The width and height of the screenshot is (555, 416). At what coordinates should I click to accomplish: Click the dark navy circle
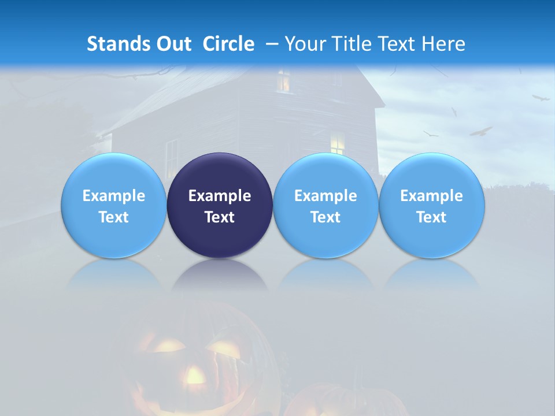point(220,206)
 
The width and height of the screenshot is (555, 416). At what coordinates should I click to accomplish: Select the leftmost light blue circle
point(113,206)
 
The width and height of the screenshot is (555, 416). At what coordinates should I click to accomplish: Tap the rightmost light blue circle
point(431,206)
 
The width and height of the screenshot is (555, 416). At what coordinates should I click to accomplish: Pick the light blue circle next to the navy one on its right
point(325,206)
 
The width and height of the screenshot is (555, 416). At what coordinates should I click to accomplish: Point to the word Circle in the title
point(228,44)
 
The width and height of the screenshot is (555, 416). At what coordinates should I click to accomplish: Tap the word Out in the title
point(173,44)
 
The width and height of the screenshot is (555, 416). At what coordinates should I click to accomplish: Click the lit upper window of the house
point(283,80)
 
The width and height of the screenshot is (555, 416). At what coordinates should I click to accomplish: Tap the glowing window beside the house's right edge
point(337,142)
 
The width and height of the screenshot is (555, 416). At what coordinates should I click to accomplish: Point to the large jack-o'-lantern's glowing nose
point(195,376)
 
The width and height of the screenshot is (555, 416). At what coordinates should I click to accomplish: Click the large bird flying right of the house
point(480,131)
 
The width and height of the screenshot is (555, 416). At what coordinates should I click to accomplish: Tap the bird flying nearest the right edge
point(541,98)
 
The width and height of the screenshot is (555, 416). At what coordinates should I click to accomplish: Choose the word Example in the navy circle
point(220,196)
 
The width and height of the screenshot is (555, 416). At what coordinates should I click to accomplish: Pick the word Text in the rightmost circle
point(431,217)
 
